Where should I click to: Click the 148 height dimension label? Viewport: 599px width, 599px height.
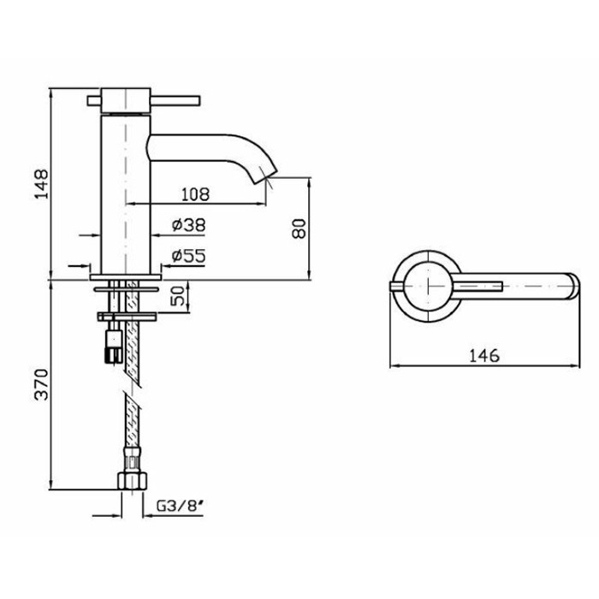tap(42, 184)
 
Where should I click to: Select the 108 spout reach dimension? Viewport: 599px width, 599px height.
tap(195, 194)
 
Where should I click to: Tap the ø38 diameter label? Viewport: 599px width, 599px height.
tap(189, 225)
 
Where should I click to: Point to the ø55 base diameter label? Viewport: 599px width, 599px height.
tap(189, 256)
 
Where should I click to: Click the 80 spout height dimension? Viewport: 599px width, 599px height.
tap(299, 228)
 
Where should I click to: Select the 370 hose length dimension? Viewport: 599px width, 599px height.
tap(42, 384)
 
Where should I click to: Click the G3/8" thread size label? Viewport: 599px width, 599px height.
tap(180, 507)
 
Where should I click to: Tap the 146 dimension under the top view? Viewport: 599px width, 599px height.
tap(484, 356)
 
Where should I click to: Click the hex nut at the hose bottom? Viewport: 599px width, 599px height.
tap(132, 481)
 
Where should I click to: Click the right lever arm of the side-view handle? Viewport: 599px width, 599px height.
tap(175, 100)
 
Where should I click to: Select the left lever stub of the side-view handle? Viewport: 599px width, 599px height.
tap(94, 101)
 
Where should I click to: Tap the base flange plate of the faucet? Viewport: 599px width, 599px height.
tap(126, 277)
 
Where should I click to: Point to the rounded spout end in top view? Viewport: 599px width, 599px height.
tap(574, 286)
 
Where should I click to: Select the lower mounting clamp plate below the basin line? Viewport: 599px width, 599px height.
tap(127, 317)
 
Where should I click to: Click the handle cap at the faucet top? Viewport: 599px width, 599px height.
tap(126, 101)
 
